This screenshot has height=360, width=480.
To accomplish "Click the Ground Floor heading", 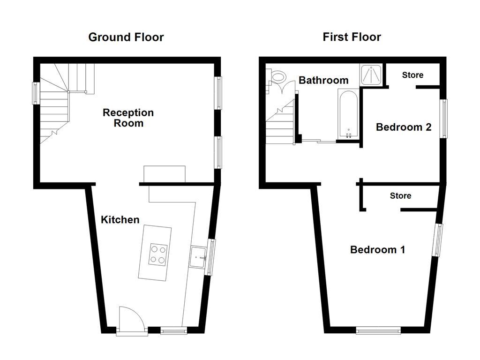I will pyautogui.click(x=126, y=37).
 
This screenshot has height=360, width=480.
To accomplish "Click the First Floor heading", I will pyautogui.click(x=352, y=37).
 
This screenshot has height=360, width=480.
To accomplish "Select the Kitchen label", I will pyautogui.click(x=120, y=219).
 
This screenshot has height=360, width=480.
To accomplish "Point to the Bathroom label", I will pyautogui.click(x=323, y=80).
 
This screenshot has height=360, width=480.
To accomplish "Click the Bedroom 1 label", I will pyautogui.click(x=377, y=249).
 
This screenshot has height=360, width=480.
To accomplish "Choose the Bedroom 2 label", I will pyautogui.click(x=404, y=127).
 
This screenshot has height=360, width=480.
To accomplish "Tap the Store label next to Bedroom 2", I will pyautogui.click(x=412, y=75).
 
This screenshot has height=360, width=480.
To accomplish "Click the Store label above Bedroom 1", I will pyautogui.click(x=400, y=195).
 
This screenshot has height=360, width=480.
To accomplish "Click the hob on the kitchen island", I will pyautogui.click(x=157, y=254).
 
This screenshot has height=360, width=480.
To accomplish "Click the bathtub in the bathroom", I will pyautogui.click(x=348, y=114).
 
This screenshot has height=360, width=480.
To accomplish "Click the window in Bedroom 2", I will pyautogui.click(x=443, y=118).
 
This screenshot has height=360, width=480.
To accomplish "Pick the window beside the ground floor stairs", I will pyautogui.click(x=35, y=93).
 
